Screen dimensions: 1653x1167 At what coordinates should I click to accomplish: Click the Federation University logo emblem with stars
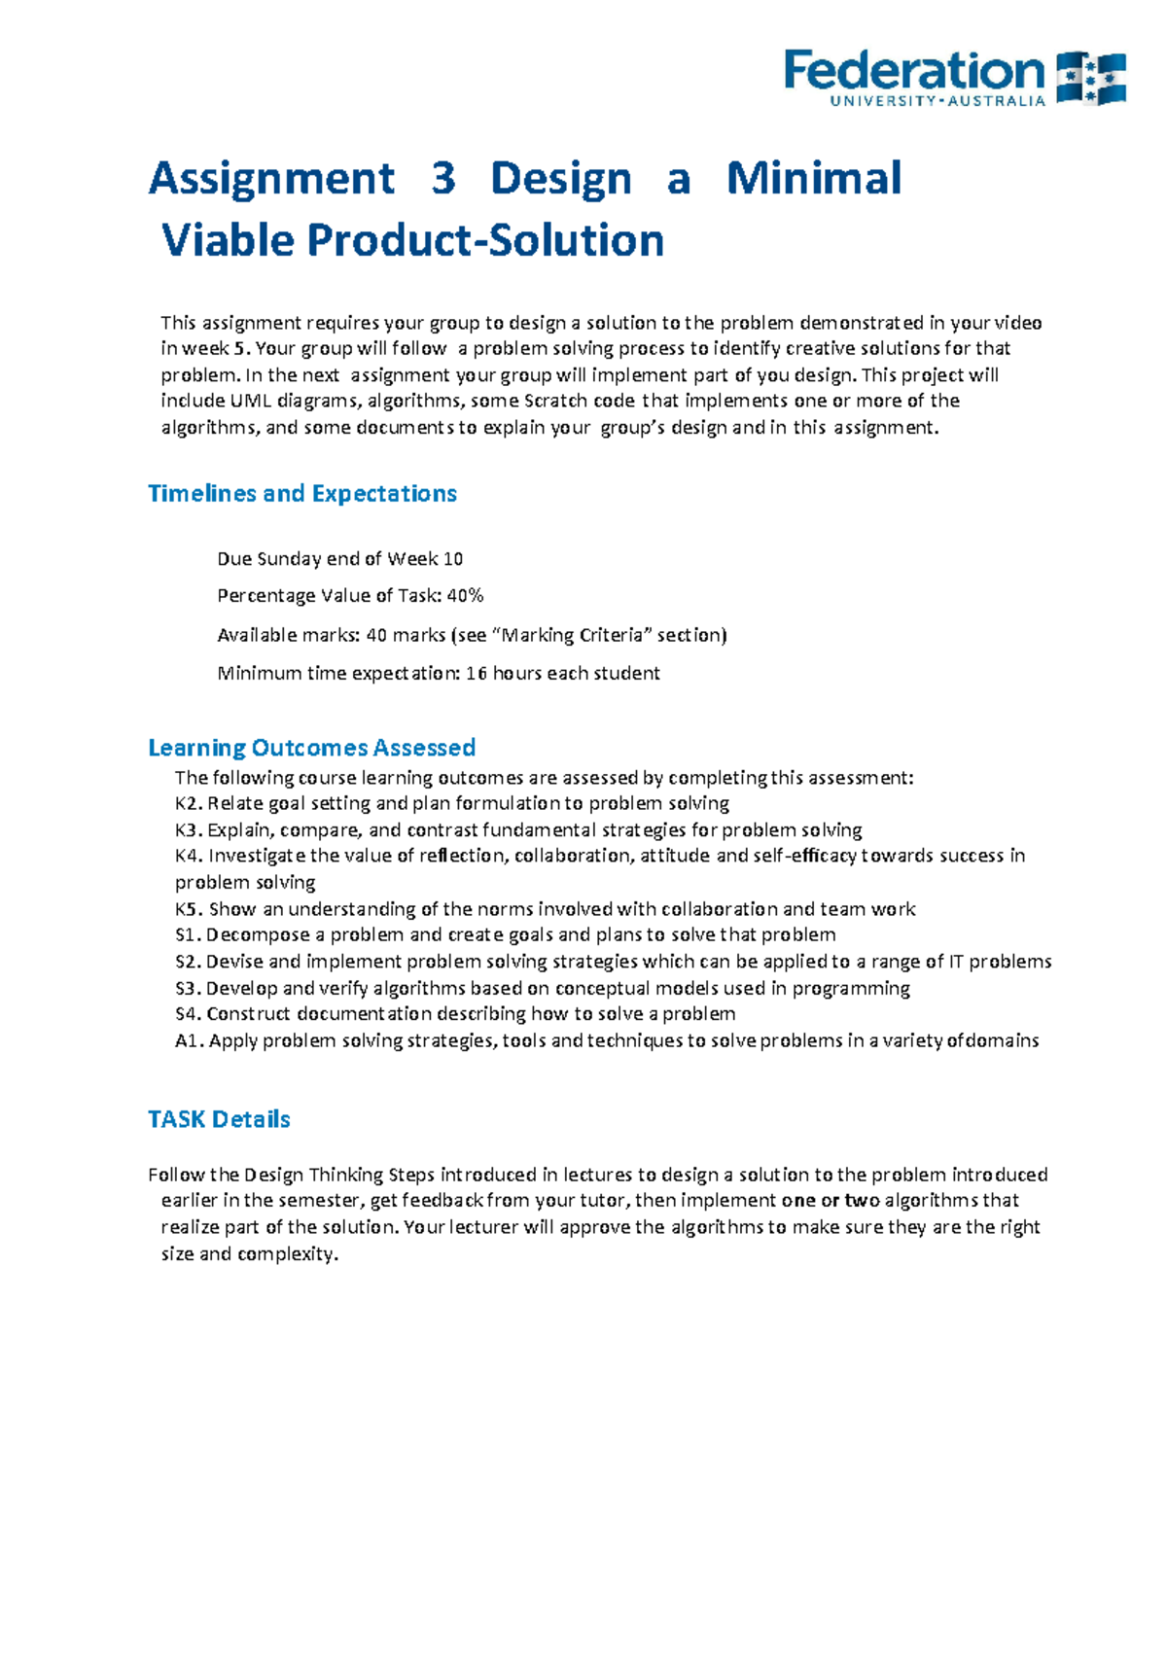pos(1090,78)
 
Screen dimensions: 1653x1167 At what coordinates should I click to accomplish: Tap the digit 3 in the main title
pos(443,179)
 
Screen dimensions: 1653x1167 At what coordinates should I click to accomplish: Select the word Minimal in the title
pos(814,179)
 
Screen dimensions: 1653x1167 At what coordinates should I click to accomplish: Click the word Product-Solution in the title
pos(485,241)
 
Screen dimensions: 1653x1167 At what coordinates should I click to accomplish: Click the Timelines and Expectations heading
pos(302,494)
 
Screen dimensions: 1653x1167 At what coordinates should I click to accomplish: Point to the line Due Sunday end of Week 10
pos(339,559)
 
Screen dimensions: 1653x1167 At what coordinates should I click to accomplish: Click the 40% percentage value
pos(465,596)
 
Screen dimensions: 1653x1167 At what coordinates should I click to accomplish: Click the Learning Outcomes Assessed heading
pos(311,748)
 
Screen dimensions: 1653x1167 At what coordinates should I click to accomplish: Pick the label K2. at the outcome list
pos(189,804)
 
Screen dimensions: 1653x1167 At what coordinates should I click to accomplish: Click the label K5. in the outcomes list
pos(189,910)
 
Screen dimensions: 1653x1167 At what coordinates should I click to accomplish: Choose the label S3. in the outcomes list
pos(189,989)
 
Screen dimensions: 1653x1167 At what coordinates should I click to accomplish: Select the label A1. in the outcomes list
pos(189,1041)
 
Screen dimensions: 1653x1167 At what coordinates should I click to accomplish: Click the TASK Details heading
pos(219,1119)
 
